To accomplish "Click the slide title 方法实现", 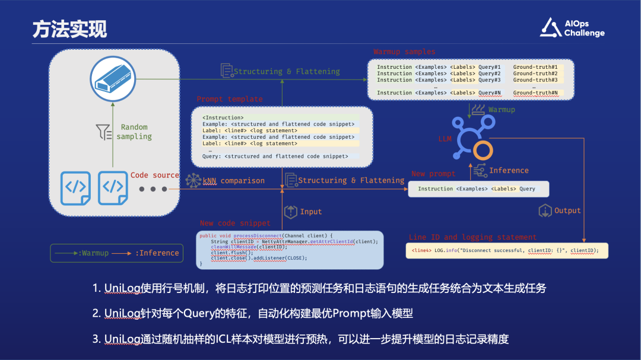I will pyautogui.click(x=69, y=30).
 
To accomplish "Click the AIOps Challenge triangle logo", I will pyautogui.click(x=550, y=28).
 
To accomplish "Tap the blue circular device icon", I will pyautogui.click(x=113, y=79).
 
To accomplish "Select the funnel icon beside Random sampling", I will pyautogui.click(x=104, y=132).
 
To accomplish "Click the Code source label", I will pyautogui.click(x=154, y=175).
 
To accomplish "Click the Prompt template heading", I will pyautogui.click(x=229, y=99).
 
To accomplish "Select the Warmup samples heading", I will pyautogui.click(x=404, y=52).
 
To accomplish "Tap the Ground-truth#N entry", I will pyautogui.click(x=535, y=93).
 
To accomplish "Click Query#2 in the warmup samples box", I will pyautogui.click(x=489, y=74).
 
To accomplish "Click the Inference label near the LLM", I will pyautogui.click(x=509, y=170).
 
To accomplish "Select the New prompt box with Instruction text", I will pyautogui.click(x=478, y=189).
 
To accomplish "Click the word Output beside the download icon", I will pyautogui.click(x=567, y=211).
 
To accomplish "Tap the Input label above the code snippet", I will pyautogui.click(x=311, y=212).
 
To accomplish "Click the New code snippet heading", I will pyautogui.click(x=234, y=223).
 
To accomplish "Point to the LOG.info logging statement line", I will pyautogui.click(x=508, y=250).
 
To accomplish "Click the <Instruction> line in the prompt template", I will pyautogui.click(x=223, y=117).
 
